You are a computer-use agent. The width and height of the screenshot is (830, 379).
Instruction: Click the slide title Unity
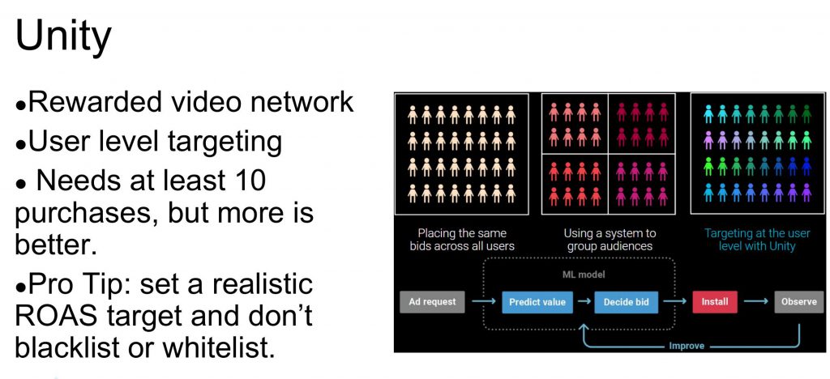[x=63, y=35]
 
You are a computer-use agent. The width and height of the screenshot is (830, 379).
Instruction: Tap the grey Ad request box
[x=433, y=302]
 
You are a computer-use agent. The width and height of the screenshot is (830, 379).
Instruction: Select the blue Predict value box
[x=537, y=302]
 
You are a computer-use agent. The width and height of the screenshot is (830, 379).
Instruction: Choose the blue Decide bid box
[x=627, y=302]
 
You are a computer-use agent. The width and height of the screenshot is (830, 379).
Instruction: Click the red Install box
[x=715, y=302]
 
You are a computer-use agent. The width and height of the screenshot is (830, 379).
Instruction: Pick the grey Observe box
[x=798, y=302]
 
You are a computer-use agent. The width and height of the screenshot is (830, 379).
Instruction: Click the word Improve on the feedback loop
[x=686, y=346]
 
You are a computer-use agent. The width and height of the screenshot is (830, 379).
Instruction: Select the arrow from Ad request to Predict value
[x=483, y=302]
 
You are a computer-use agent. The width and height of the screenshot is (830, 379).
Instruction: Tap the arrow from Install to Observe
[x=755, y=302]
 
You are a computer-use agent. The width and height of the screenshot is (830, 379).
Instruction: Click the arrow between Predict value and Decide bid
[x=584, y=302]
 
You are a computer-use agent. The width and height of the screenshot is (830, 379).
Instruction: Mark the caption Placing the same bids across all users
[x=462, y=240]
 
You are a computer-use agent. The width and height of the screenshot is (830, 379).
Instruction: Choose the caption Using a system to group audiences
[x=610, y=240]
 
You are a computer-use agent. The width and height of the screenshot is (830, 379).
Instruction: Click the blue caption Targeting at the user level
[x=757, y=240]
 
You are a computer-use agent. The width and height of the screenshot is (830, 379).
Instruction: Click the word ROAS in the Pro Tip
[x=53, y=316]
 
